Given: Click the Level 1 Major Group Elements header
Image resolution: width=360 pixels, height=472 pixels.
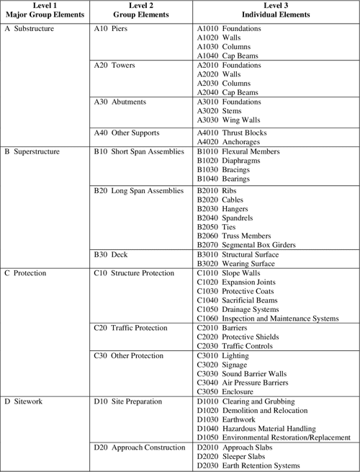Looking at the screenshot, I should (x=45, y=12).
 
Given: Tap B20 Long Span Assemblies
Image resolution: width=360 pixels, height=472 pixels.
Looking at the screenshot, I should (x=139, y=190).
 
